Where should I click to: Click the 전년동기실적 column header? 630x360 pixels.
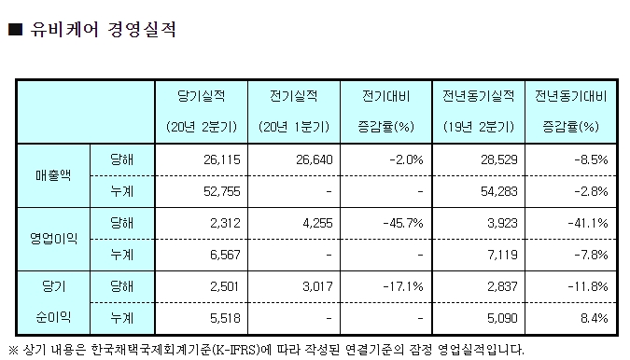tap(480, 96)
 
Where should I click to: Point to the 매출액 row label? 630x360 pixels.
tap(53, 175)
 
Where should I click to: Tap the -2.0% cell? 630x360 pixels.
tap(408, 159)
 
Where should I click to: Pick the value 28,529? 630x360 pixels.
tap(498, 159)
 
